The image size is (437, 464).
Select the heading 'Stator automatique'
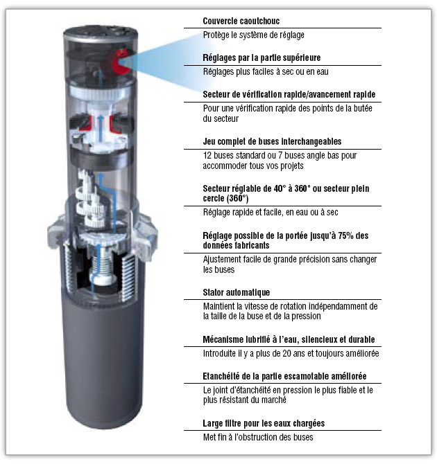coord(237,292)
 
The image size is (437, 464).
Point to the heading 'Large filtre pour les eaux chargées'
coord(264,422)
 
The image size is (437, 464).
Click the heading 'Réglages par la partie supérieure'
coord(262,57)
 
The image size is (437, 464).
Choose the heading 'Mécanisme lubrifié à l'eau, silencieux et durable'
coord(289,339)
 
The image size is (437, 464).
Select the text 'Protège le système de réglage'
coord(253,35)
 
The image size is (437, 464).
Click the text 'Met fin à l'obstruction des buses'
coord(258,436)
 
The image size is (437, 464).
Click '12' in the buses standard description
coord(207,156)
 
